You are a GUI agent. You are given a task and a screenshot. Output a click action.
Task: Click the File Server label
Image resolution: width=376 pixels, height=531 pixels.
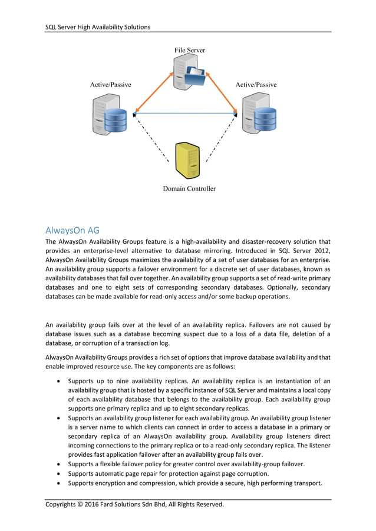[x=189, y=50]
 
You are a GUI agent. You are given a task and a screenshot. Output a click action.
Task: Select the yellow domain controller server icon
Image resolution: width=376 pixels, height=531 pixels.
[x=188, y=160]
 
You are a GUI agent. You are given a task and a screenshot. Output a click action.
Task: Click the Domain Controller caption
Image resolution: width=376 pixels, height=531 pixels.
[x=189, y=189]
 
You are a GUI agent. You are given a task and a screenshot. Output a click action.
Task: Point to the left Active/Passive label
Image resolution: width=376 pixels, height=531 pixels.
[x=110, y=85]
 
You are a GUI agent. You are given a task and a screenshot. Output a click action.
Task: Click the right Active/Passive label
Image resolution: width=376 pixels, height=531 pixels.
[x=256, y=85]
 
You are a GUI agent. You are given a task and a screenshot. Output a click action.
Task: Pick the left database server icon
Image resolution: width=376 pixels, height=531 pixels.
[x=110, y=116]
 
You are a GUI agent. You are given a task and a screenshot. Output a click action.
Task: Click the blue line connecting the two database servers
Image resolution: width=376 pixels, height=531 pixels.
[x=186, y=113]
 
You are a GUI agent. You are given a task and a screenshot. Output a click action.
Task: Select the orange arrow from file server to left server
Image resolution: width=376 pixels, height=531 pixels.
[x=153, y=92]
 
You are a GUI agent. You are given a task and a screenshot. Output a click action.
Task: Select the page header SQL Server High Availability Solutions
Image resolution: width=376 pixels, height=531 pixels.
[x=98, y=27]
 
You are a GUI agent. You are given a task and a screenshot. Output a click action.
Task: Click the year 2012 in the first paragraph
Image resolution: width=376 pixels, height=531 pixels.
[x=321, y=251]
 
